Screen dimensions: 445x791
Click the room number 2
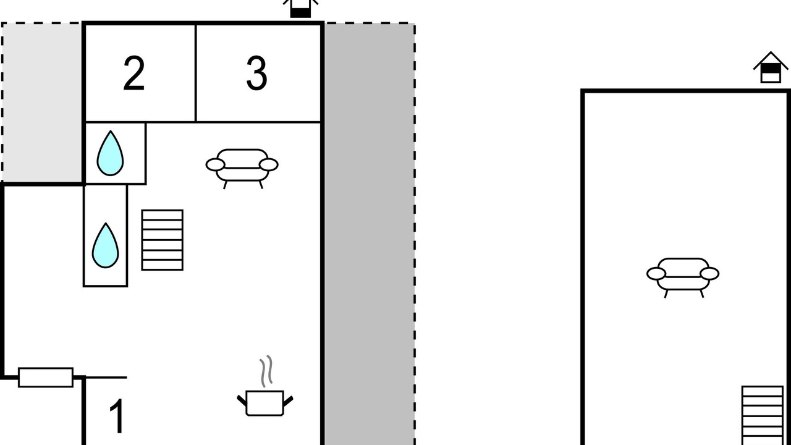[134, 74]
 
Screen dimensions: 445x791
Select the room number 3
[256, 74]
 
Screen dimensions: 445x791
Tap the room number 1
[117, 417]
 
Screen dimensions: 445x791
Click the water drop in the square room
[110, 153]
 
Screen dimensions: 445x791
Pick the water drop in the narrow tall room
[105, 245]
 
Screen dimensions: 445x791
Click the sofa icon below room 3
[242, 166]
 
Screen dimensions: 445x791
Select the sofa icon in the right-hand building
[683, 274]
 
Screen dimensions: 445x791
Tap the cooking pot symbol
[264, 402]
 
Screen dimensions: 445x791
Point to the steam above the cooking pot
[266, 371]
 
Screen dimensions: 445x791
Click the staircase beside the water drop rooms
[162, 240]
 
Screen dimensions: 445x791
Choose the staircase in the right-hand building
[762, 414]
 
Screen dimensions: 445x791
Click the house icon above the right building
[770, 67]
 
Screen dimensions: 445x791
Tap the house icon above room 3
[300, 8]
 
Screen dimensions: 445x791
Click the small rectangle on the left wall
[45, 377]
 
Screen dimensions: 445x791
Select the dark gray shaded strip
[369, 235]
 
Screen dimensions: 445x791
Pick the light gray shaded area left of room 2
[42, 103]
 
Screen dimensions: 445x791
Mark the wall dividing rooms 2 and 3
[196, 73]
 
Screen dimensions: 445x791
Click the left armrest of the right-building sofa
[656, 273]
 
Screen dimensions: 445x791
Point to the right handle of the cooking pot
[287, 400]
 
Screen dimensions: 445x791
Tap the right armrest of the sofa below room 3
[269, 164]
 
